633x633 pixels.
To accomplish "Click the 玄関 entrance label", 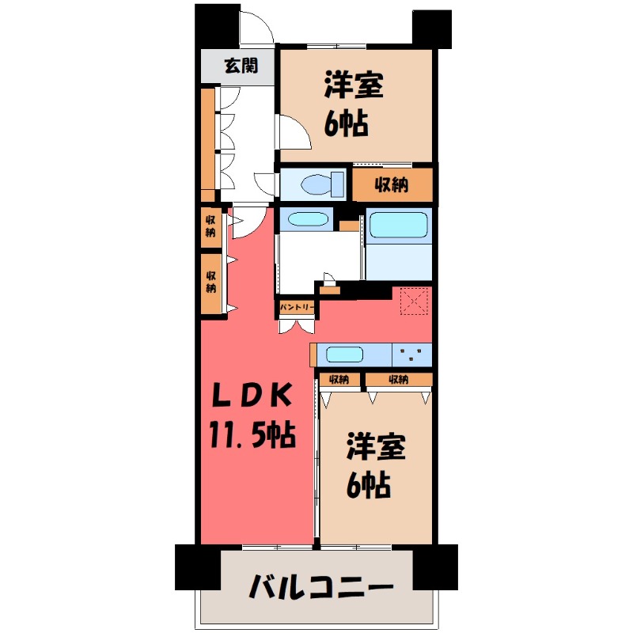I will pyautogui.click(x=239, y=66).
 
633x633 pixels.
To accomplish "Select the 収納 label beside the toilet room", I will pyautogui.click(x=392, y=185).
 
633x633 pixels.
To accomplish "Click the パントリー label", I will pyautogui.click(x=297, y=305).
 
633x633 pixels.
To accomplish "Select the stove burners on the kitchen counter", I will pyautogui.click(x=411, y=354).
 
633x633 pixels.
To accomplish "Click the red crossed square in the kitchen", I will pyautogui.click(x=413, y=301).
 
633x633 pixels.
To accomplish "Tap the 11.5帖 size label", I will pyautogui.click(x=252, y=433).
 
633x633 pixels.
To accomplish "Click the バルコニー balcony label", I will pyautogui.click(x=320, y=588).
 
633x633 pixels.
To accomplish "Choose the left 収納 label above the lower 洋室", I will pyautogui.click(x=340, y=380).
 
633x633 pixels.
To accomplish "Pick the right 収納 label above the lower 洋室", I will pyautogui.click(x=398, y=380).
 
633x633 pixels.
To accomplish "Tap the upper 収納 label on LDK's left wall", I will pyautogui.click(x=211, y=226).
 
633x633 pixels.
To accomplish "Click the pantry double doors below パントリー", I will pyautogui.click(x=298, y=324).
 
